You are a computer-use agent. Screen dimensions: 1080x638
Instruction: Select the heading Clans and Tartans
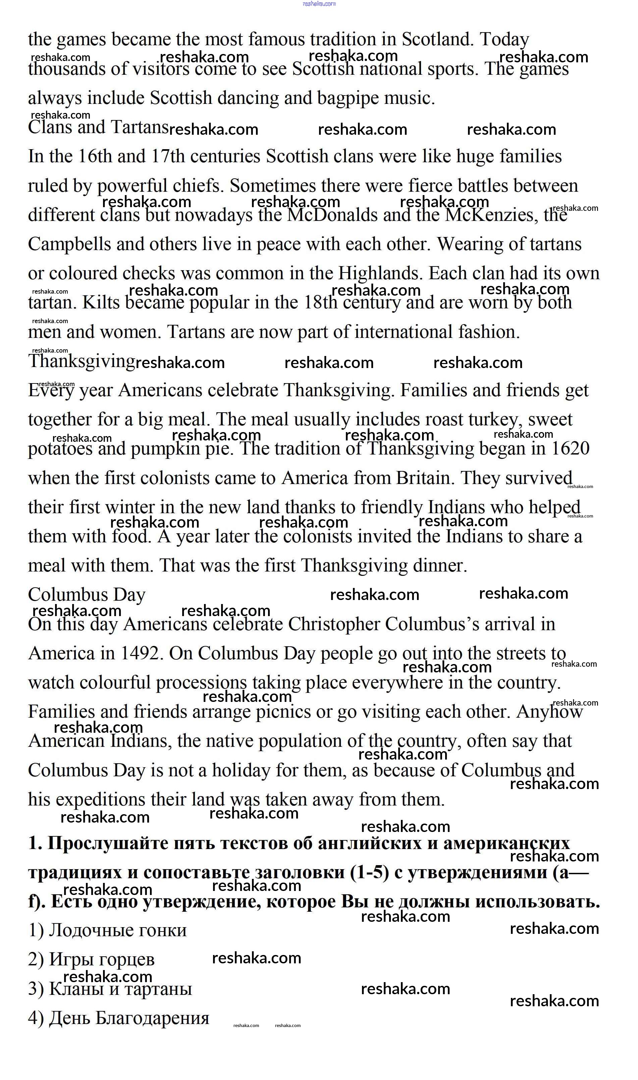coord(98,128)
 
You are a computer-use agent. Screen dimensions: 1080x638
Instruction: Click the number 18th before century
coord(320,303)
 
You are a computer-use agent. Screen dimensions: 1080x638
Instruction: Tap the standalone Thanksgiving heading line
coord(82,361)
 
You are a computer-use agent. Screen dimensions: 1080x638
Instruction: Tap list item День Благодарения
coord(119,1018)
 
